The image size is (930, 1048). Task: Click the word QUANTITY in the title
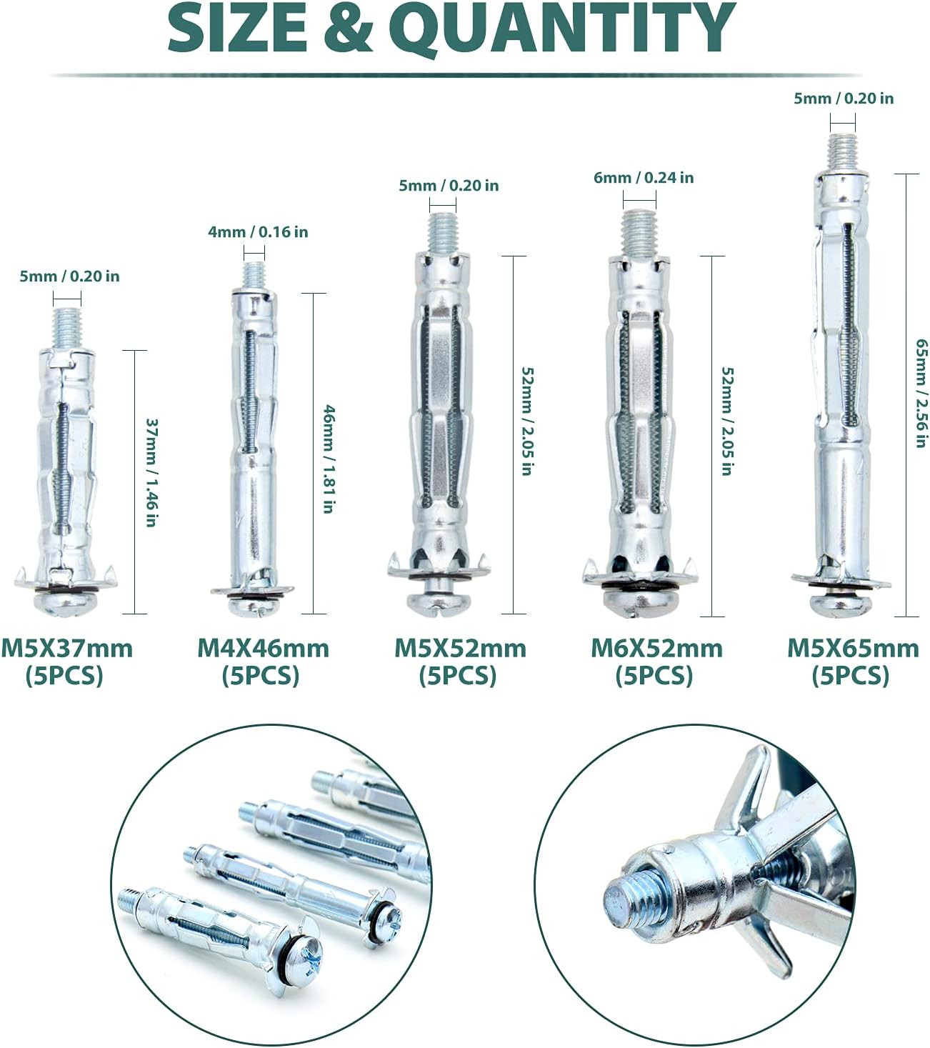click(562, 29)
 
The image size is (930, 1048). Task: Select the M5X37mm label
click(66, 649)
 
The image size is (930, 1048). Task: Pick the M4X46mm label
click(264, 649)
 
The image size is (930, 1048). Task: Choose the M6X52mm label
click(656, 649)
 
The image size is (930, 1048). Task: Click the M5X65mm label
click(853, 649)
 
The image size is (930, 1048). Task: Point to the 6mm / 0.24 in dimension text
click(644, 178)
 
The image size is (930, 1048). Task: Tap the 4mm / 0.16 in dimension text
click(258, 232)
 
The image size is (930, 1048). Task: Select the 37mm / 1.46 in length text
click(151, 473)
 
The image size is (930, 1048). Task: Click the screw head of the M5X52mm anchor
click(437, 603)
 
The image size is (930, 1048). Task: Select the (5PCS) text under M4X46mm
click(261, 676)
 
